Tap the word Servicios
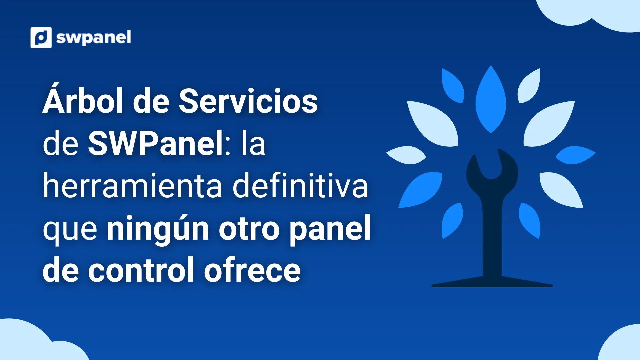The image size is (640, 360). coord(248,101)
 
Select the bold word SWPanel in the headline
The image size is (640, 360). coord(156,144)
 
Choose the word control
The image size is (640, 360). coord(141,270)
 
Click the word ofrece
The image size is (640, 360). coord(252,270)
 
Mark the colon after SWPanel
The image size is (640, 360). coord(228,146)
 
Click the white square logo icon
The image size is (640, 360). coord(41,37)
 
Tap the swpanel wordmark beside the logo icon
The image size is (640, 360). coord(94,38)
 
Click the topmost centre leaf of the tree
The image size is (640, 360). coord(491,99)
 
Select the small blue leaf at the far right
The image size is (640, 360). coord(575,155)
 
